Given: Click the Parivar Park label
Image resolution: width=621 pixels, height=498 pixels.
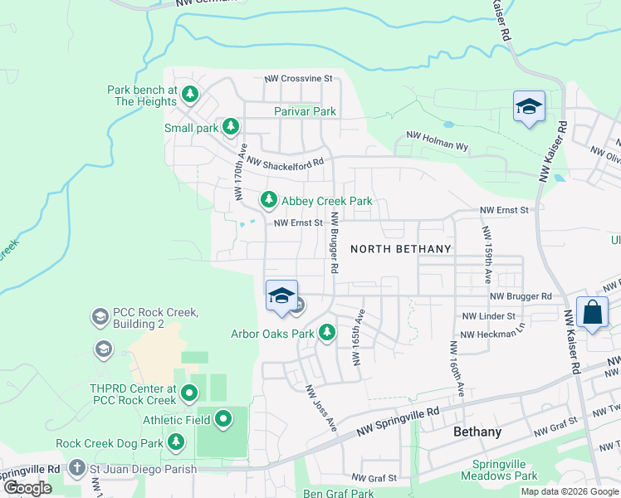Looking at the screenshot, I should (305, 111).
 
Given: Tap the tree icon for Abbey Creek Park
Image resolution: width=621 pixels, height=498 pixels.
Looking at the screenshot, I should (268, 200).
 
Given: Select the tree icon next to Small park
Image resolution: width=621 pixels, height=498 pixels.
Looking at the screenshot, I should (231, 127).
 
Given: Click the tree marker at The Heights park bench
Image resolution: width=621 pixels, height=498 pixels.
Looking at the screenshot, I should (191, 94).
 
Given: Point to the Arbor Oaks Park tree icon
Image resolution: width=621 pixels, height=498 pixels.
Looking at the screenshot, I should (327, 333).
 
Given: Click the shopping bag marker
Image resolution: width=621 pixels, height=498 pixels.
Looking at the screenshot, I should (592, 313).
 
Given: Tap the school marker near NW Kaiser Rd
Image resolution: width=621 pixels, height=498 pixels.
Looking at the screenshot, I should (529, 107).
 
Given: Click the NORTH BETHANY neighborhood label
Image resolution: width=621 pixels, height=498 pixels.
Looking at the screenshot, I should (400, 249).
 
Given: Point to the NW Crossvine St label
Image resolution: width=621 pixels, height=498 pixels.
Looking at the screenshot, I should (298, 79).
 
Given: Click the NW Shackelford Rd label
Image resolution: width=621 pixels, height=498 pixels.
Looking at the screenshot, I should (284, 164).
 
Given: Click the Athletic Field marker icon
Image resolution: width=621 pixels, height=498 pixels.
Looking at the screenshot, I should (222, 420).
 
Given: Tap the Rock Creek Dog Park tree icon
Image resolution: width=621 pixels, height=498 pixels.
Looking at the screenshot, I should (175, 442).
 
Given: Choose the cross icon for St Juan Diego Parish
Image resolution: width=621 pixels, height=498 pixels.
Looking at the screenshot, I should (77, 468).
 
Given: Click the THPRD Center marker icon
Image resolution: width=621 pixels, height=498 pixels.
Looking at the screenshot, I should (189, 393).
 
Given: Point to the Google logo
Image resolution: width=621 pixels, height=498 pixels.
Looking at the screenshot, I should (27, 488).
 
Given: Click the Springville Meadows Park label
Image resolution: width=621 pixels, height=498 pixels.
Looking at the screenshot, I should (504, 471).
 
